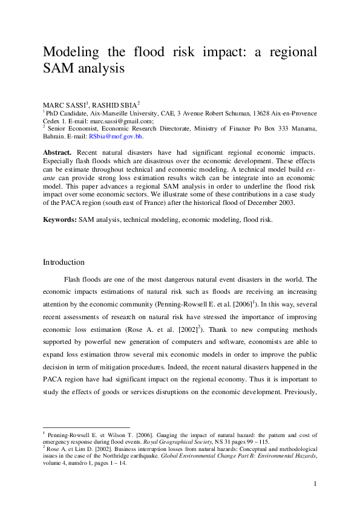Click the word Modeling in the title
pyautogui.click(x=72, y=52)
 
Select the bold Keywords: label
pyautogui.click(x=59, y=219)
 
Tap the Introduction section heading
pyautogui.click(x=64, y=262)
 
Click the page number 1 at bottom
pyautogui.click(x=315, y=484)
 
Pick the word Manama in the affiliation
pyautogui.click(x=303, y=129)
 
